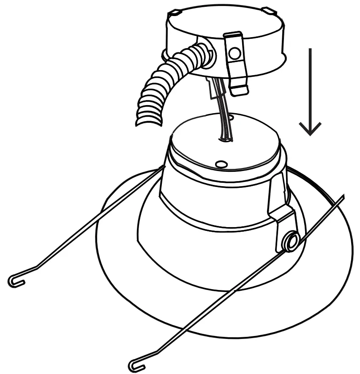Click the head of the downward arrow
pos(311,129)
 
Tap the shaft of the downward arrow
pos(311,84)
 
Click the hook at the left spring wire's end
pos(14,281)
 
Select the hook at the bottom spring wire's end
pos(134,363)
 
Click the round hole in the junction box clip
pos(234,53)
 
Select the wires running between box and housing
pos(223,114)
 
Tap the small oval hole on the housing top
pos(221,163)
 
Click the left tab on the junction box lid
pos(176,12)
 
